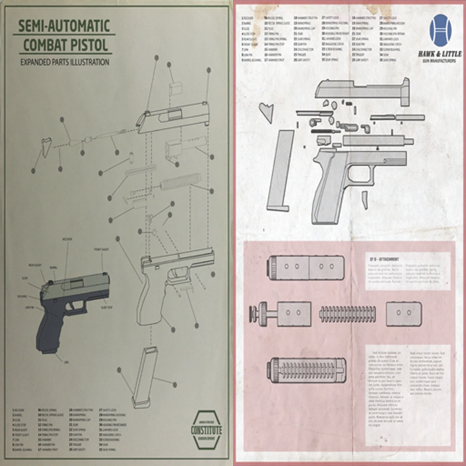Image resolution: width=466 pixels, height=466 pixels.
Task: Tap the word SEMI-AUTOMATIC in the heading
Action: coord(64,26)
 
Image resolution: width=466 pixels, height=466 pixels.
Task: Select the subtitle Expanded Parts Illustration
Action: coord(65,62)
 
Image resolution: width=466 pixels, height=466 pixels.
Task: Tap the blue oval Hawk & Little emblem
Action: coord(440,30)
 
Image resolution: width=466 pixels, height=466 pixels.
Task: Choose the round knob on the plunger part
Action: coord(254,314)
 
